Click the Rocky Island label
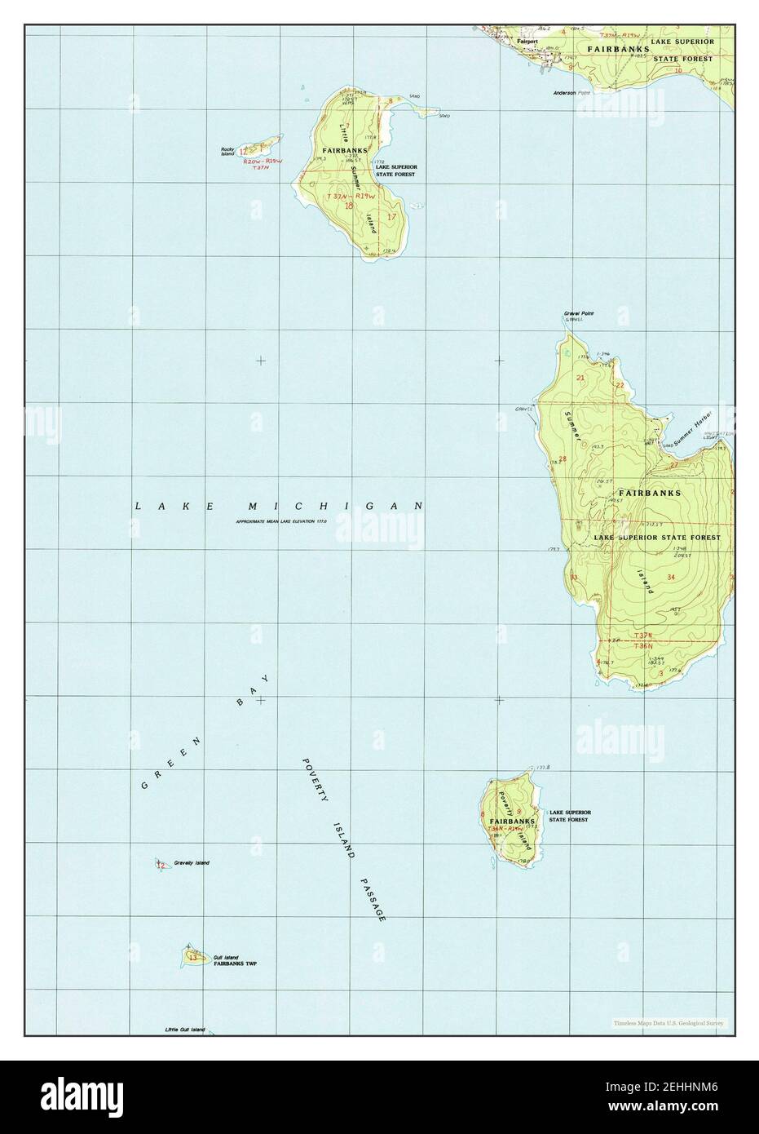pyautogui.click(x=227, y=151)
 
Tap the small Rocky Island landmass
pyautogui.click(x=258, y=148)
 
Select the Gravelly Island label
pyautogui.click(x=191, y=862)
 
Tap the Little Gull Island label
pyautogui.click(x=185, y=1030)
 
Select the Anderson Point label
pyautogui.click(x=571, y=93)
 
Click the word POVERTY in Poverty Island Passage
pyautogui.click(x=311, y=784)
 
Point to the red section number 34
pyautogui.click(x=671, y=577)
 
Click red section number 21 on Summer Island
pyautogui.click(x=580, y=378)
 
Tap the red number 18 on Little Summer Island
pyautogui.click(x=349, y=206)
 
